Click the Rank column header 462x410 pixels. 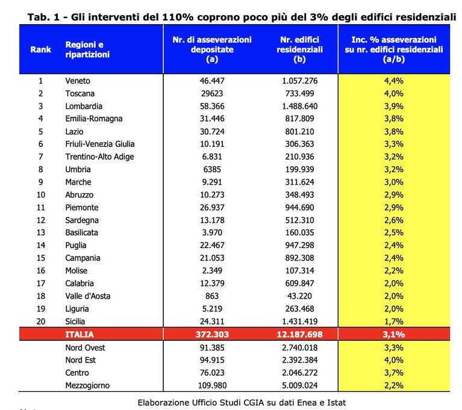(x=41, y=49)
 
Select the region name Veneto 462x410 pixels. (x=78, y=81)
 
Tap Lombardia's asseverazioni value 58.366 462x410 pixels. (x=212, y=106)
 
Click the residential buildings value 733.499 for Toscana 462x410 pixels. (x=299, y=93)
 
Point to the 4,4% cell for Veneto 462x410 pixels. (x=394, y=81)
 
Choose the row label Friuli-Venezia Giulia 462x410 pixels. (x=100, y=144)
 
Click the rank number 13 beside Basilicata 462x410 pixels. (x=41, y=232)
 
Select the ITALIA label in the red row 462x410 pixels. (x=80, y=334)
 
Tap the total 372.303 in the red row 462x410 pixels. (x=212, y=334)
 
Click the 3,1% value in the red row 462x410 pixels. (x=394, y=334)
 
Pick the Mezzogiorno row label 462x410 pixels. (x=87, y=385)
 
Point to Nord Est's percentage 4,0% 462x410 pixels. (x=394, y=360)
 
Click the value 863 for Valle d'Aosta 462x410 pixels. (x=212, y=296)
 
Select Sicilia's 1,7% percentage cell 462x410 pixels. (x=394, y=321)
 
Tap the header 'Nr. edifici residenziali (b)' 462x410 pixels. (x=299, y=49)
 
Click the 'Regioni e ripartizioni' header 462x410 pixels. (x=87, y=49)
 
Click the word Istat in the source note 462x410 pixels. (x=337, y=403)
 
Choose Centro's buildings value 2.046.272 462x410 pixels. (x=299, y=373)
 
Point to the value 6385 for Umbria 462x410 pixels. (x=212, y=169)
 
